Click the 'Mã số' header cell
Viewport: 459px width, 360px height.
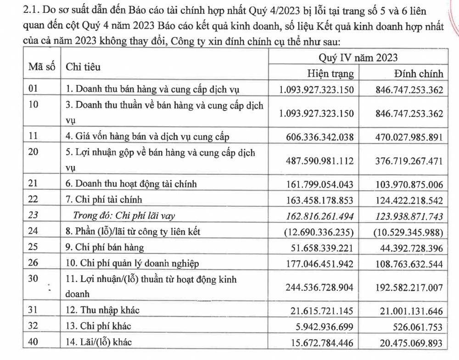coord(42,66)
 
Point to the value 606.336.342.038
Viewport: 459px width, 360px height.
coord(317,136)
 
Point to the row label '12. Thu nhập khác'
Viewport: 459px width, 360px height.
coord(102,310)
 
